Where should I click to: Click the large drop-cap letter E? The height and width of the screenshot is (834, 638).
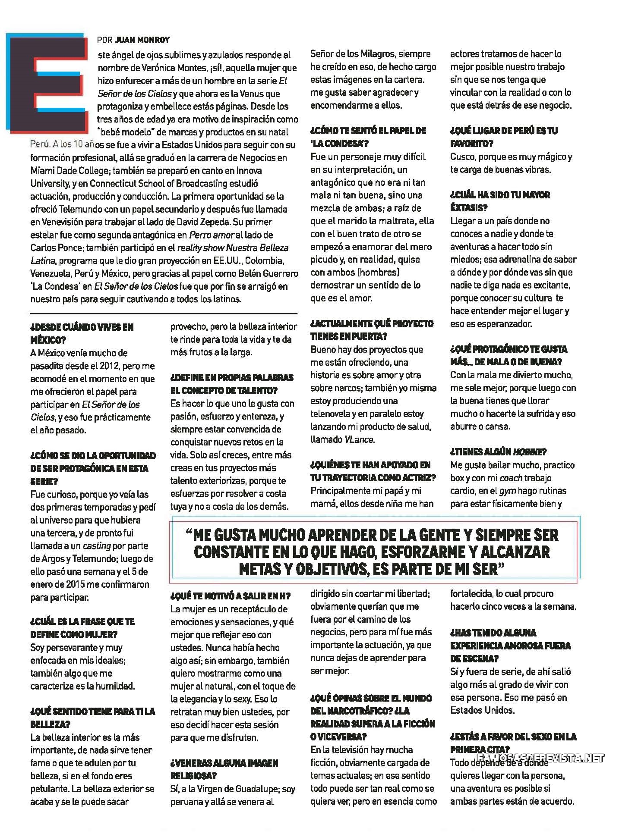coord(45,82)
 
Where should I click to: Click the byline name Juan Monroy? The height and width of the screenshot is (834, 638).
coord(142,40)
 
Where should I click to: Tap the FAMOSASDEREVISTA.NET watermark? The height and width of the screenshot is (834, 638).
coord(540,758)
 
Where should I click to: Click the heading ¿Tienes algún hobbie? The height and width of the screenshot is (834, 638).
coord(498,451)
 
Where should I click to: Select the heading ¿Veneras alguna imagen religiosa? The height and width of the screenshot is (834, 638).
coord(224,769)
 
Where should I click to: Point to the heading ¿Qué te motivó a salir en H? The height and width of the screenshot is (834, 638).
coord(231,596)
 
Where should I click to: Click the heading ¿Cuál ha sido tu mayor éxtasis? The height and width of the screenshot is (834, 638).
coord(500,201)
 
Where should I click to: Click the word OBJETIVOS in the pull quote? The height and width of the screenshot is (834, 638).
coord(323,569)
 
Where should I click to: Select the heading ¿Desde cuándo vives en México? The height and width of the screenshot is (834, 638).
coord(82,333)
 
